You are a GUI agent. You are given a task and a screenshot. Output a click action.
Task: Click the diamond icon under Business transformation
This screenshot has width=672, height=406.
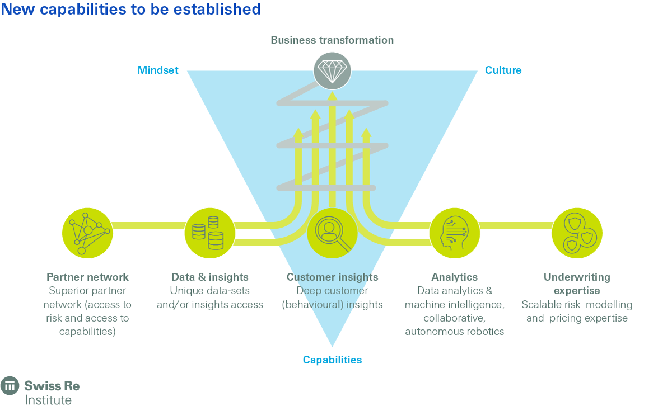332,71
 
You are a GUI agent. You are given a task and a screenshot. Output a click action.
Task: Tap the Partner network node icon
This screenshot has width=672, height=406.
87,233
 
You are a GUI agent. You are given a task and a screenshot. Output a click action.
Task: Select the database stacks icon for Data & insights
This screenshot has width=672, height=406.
209,233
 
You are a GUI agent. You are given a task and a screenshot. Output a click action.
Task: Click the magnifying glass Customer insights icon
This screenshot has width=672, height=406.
332,233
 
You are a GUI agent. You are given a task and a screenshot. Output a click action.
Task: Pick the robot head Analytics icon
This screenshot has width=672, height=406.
454,233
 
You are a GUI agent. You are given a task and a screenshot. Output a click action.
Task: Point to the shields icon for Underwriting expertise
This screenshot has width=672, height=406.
577,233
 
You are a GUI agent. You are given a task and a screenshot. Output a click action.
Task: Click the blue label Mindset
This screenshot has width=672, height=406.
158,70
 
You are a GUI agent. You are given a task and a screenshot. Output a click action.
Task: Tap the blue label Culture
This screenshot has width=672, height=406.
503,70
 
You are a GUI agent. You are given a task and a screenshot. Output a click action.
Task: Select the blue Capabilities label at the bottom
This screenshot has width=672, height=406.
332,360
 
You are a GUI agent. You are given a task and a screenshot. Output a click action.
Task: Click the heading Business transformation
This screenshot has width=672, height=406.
332,40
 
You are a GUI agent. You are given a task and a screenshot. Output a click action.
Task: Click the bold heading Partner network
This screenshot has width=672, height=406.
87,277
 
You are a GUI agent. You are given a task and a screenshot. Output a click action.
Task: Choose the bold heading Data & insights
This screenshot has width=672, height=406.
209,277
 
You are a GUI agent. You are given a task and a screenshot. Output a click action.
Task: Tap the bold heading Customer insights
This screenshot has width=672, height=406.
332,277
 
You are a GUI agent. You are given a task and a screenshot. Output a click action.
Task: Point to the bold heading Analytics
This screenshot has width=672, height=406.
454,277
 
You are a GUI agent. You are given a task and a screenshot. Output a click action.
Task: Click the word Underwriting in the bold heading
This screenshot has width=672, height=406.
577,277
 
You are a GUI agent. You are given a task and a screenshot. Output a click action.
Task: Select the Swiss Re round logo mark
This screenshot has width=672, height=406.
10,386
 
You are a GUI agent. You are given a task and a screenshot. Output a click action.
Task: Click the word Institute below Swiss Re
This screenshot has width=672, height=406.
48,400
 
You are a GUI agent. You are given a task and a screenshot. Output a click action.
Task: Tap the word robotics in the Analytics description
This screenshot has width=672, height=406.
485,332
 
